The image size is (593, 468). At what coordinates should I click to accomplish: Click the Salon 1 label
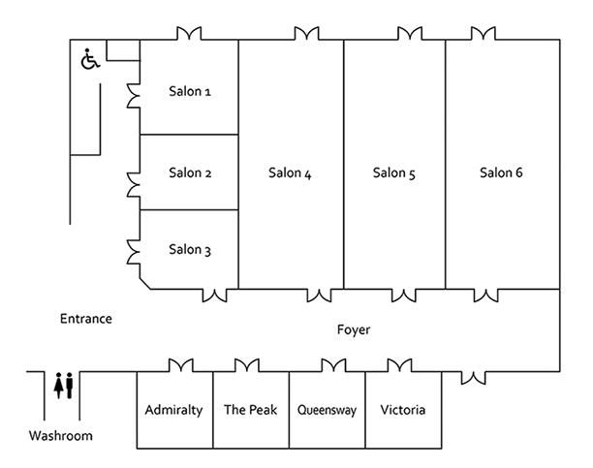point(190,92)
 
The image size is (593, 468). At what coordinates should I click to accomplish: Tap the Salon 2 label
point(190,173)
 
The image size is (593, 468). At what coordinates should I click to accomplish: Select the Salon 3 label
point(190,250)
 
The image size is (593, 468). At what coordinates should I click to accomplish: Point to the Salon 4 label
point(290,173)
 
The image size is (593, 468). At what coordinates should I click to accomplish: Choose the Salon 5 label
point(394,173)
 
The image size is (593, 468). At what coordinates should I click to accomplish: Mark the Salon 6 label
point(501,173)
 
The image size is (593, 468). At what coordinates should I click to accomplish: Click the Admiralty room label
point(173,410)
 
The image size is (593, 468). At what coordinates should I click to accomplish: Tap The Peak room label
point(250,410)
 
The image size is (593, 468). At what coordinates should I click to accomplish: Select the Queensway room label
point(328,410)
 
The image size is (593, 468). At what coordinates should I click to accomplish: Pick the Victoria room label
point(403,410)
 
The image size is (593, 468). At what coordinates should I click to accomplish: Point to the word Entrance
point(86,319)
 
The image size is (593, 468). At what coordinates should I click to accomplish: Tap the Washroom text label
point(60,436)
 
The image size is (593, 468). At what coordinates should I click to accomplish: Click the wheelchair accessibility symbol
point(89,61)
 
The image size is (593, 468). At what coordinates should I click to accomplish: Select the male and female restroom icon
point(65,385)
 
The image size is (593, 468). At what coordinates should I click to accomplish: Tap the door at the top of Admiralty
point(183,365)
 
